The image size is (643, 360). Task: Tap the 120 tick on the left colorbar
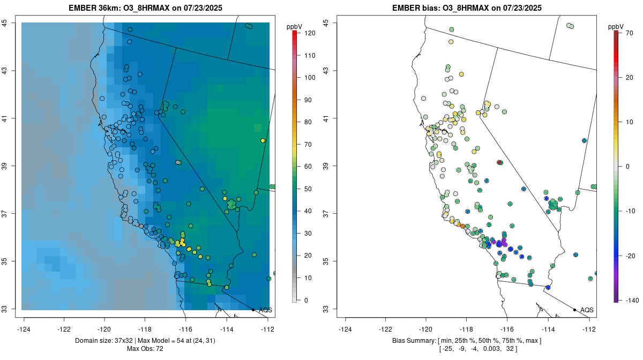click(309, 33)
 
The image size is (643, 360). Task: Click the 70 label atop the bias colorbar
click(630, 33)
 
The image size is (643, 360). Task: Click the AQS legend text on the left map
click(266, 310)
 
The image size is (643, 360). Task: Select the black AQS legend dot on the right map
click(574, 310)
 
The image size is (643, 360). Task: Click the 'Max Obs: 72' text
click(145, 349)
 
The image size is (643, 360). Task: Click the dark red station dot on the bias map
click(499, 162)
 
